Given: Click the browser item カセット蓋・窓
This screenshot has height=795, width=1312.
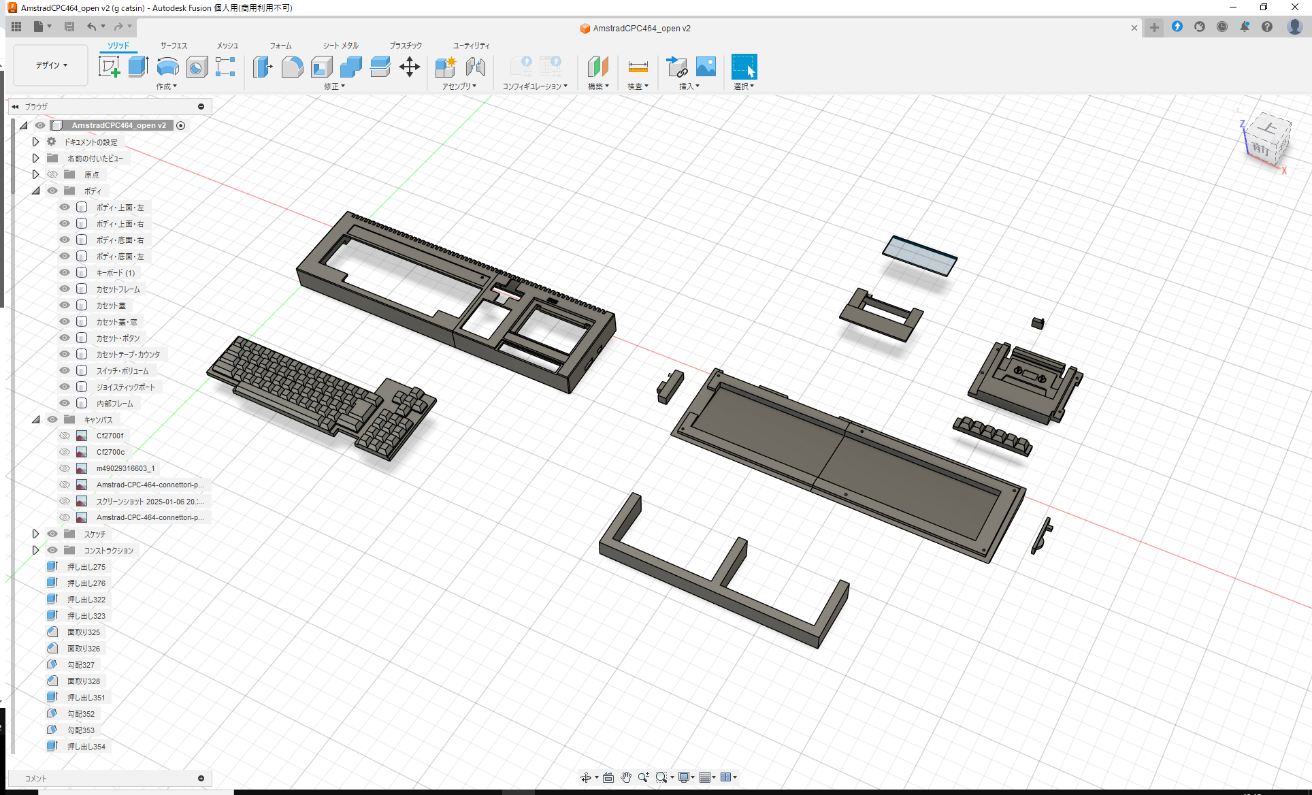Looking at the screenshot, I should click(116, 322).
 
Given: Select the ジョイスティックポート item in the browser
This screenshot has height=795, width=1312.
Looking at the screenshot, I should click(125, 387).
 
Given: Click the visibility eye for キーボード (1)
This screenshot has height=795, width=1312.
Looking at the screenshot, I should click(65, 273).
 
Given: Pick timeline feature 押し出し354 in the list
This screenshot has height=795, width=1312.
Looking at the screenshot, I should click(86, 747).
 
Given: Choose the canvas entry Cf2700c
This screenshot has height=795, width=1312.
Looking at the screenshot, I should click(110, 452).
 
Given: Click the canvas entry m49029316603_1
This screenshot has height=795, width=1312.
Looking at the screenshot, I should click(125, 468).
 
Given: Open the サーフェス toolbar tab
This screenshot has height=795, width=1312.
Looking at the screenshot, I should click(174, 46).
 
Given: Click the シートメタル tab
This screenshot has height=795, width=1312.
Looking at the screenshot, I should click(340, 46).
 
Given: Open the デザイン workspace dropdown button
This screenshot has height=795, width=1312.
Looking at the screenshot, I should click(51, 65).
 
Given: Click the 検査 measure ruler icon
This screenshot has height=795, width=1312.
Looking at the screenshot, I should click(638, 67).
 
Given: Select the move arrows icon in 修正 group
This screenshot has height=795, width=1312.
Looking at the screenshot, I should click(410, 67).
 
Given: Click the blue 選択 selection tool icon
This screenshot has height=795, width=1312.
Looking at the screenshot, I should click(744, 67).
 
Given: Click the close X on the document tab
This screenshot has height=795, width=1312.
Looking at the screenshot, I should click(1134, 29).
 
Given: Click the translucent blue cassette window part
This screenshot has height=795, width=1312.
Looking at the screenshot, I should click(919, 255).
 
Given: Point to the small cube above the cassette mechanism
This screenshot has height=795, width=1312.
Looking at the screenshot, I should click(1038, 323).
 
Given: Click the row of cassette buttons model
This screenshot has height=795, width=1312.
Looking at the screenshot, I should click(992, 435).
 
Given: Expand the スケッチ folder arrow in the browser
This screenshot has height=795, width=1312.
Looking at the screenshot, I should click(36, 534).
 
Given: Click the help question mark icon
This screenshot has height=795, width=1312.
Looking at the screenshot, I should click(1266, 27).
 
